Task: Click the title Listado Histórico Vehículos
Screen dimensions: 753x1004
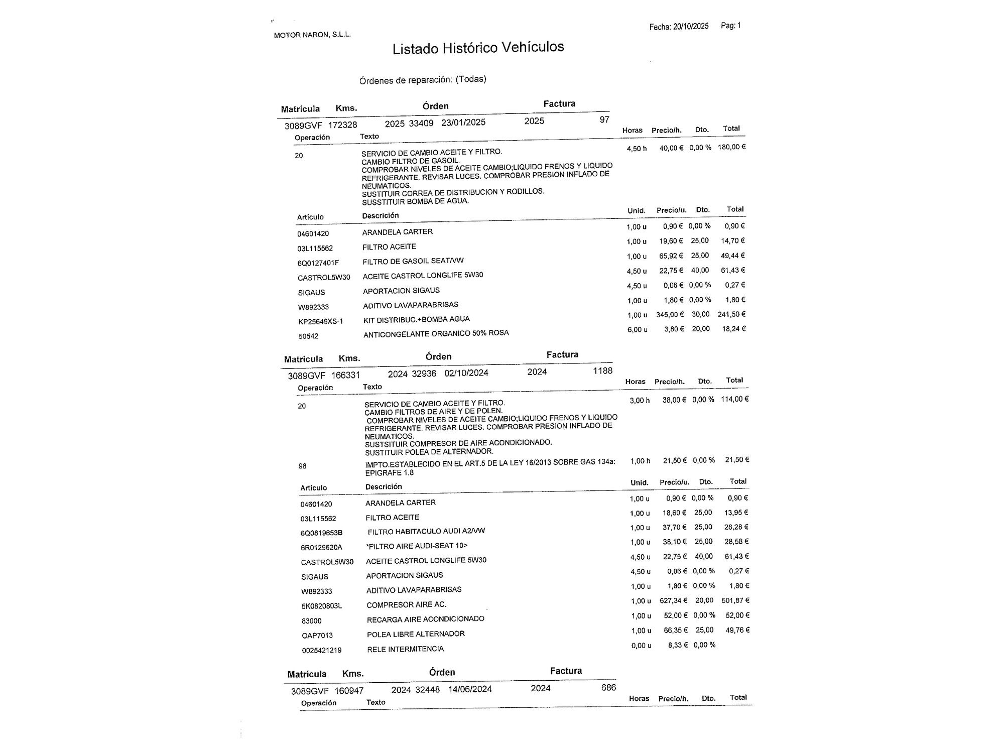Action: pyautogui.click(x=478, y=48)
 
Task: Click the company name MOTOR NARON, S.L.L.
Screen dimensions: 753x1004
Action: pyautogui.click(x=312, y=35)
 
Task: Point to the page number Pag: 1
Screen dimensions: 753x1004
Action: pyautogui.click(x=730, y=26)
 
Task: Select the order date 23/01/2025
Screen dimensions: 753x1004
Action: pyautogui.click(x=463, y=122)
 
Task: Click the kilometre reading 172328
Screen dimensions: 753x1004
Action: pyautogui.click(x=343, y=125)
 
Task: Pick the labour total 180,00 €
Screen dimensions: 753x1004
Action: pyautogui.click(x=731, y=147)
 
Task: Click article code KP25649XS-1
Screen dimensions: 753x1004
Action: pyautogui.click(x=320, y=321)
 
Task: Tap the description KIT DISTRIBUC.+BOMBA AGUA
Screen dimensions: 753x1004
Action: pyautogui.click(x=417, y=319)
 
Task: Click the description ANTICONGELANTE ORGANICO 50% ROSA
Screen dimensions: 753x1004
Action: pyautogui.click(x=436, y=333)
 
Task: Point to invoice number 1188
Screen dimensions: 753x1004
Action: pyautogui.click(x=602, y=370)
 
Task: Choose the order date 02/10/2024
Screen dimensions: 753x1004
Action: pyautogui.click(x=466, y=373)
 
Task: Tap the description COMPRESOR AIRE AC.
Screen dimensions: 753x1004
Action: pyautogui.click(x=406, y=605)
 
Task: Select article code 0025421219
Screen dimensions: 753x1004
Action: pyautogui.click(x=322, y=650)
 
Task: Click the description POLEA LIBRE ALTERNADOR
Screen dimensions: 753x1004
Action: pyautogui.click(x=416, y=634)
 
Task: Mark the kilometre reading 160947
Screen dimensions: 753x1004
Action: pyautogui.click(x=349, y=691)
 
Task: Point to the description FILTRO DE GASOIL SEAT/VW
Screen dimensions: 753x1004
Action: pyautogui.click(x=413, y=261)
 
